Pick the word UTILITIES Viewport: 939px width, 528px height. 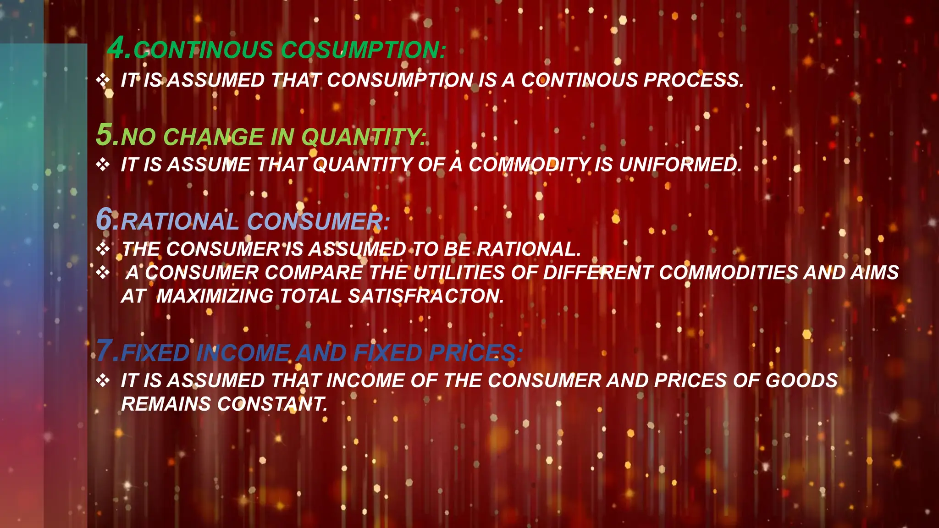[x=458, y=273]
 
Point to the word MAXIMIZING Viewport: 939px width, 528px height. [x=215, y=296]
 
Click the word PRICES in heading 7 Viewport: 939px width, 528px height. [x=472, y=353]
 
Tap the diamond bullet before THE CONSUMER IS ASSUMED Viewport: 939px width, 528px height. [x=103, y=249]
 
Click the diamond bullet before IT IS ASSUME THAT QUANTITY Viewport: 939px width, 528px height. [x=103, y=165]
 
